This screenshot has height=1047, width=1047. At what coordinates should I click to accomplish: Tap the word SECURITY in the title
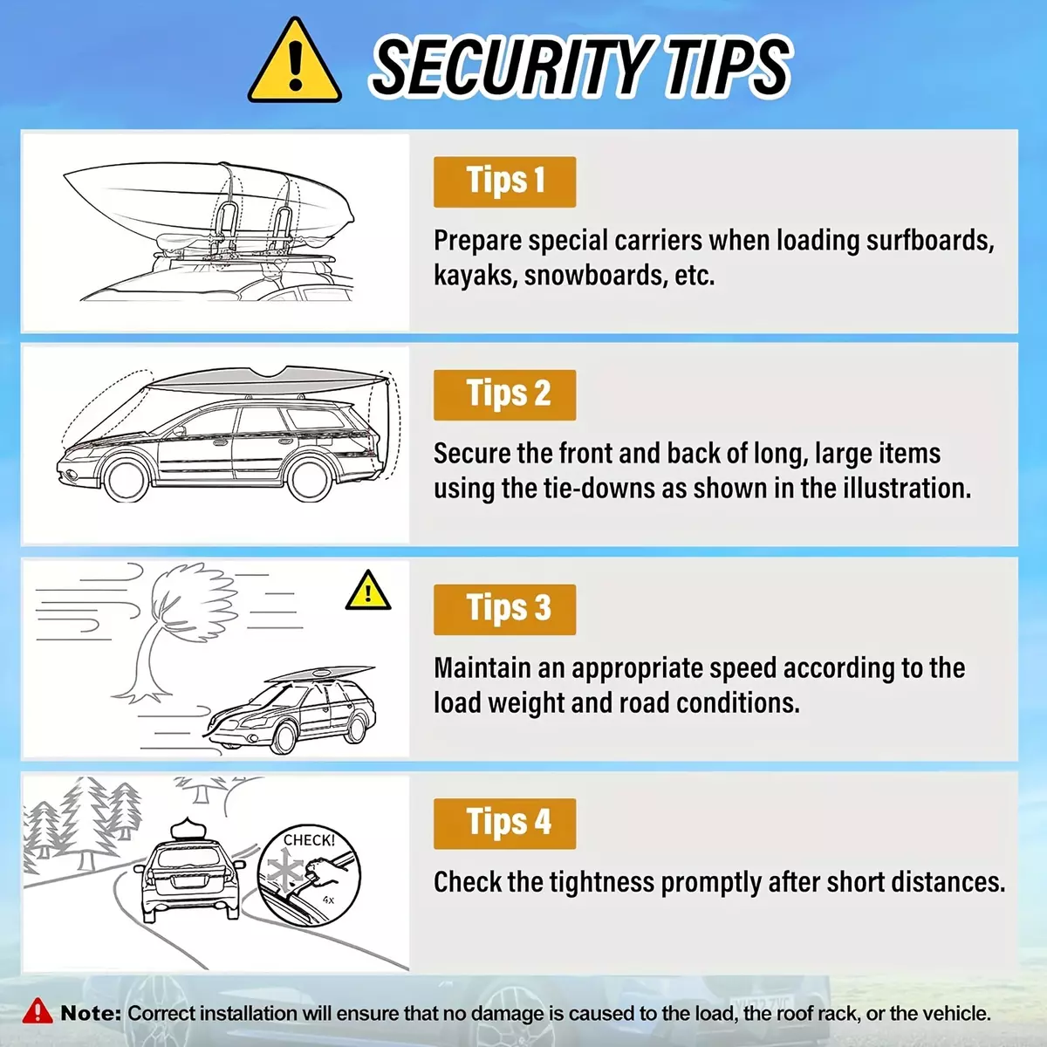tap(510, 67)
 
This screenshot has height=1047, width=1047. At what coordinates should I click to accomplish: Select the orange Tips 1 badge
tap(505, 182)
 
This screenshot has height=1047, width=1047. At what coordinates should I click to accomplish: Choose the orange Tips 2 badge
tap(505, 395)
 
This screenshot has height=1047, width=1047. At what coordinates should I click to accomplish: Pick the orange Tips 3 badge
tap(505, 610)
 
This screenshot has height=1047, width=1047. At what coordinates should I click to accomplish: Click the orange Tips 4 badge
tap(505, 824)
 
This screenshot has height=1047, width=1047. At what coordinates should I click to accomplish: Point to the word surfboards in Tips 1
tap(929, 240)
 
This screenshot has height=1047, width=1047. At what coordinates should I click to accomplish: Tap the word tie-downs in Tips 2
tap(599, 488)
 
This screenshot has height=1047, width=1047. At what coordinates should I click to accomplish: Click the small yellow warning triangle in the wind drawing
tap(368, 592)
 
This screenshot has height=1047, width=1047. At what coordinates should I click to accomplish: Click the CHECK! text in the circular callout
tap(309, 840)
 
